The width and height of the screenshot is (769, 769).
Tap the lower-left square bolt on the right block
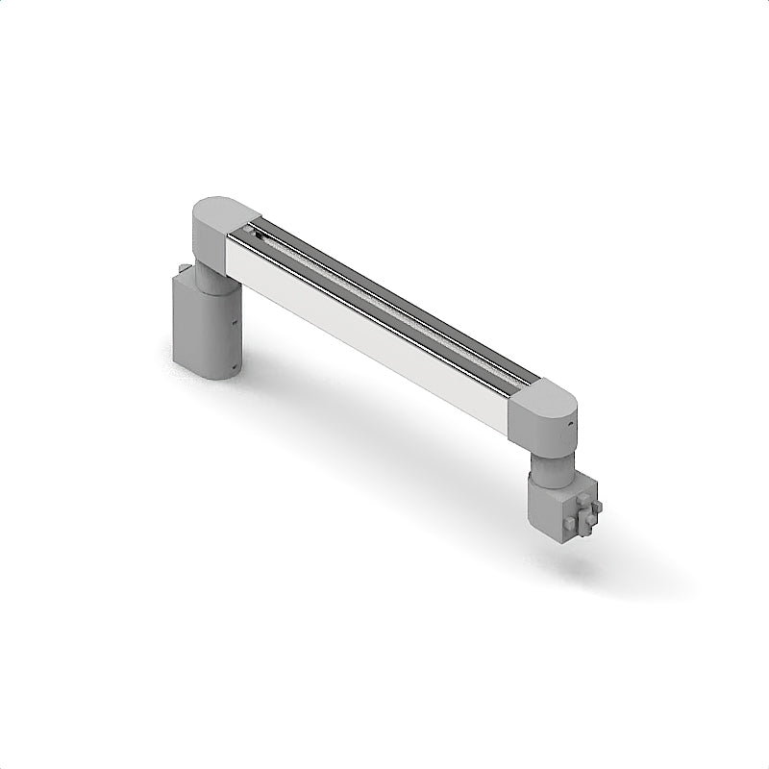coord(571,523)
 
